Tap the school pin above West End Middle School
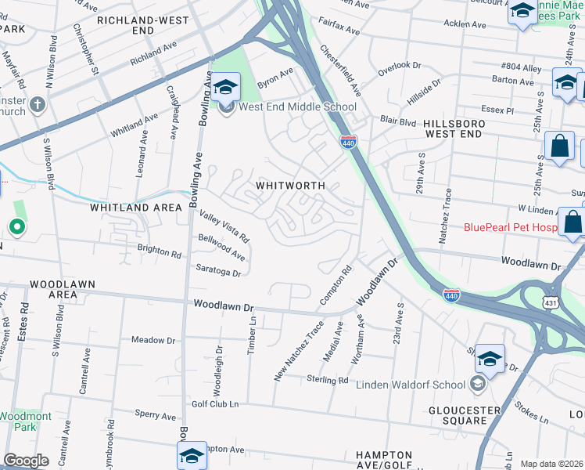tap(226, 87)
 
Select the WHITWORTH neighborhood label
tap(290, 186)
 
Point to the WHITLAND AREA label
tap(136, 208)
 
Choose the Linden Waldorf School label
tap(411, 385)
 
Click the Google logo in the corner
tap(26, 461)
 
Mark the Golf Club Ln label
tap(214, 404)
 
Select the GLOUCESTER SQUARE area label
tap(464, 416)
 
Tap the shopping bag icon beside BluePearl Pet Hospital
tap(572, 222)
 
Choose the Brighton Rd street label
tap(159, 253)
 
